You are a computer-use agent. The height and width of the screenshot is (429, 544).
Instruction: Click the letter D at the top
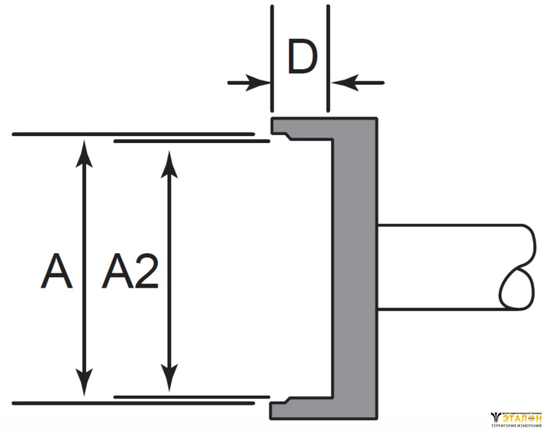(x=302, y=57)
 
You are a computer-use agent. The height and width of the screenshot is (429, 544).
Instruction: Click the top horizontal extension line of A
(x=132, y=134)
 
